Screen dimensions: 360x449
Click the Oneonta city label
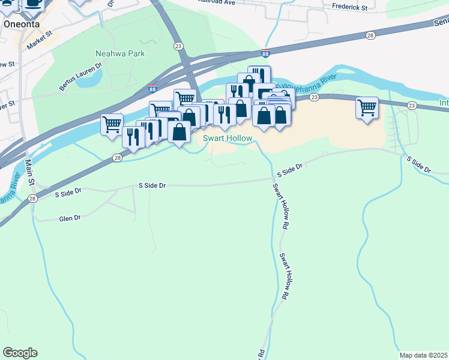tap(21, 24)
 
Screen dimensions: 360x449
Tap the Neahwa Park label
tap(120, 53)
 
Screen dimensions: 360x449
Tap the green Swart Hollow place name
tap(227, 138)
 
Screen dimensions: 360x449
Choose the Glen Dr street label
tap(70, 218)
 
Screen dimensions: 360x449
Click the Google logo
tap(20, 353)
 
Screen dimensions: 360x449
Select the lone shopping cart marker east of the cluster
tap(367, 109)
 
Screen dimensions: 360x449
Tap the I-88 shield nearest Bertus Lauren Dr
tap(153, 88)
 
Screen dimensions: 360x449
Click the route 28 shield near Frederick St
tap(370, 36)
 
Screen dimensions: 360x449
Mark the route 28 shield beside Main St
tap(32, 198)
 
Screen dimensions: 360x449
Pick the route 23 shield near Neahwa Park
tap(178, 46)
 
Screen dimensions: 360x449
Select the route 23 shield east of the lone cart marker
tap(411, 106)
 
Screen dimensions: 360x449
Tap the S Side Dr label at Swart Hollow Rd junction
tap(288, 172)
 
